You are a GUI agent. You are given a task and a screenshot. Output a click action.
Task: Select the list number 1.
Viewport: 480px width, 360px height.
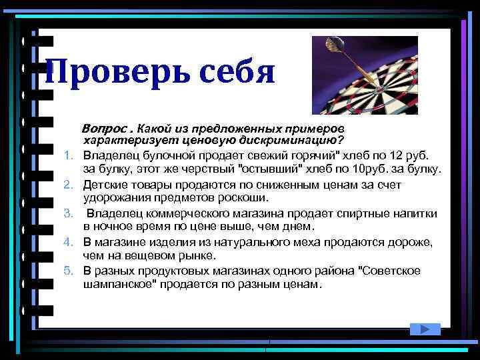tap(68, 155)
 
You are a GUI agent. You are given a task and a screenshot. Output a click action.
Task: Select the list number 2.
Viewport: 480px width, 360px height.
tap(68, 183)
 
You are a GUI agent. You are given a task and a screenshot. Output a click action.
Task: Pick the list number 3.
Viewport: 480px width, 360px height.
tap(68, 213)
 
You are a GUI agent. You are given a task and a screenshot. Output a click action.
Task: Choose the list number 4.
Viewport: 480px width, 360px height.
tap(68, 241)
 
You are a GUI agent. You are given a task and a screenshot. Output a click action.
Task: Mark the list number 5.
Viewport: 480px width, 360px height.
tap(68, 270)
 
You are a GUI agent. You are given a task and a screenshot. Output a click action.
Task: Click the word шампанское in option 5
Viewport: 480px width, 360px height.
tap(117, 284)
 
